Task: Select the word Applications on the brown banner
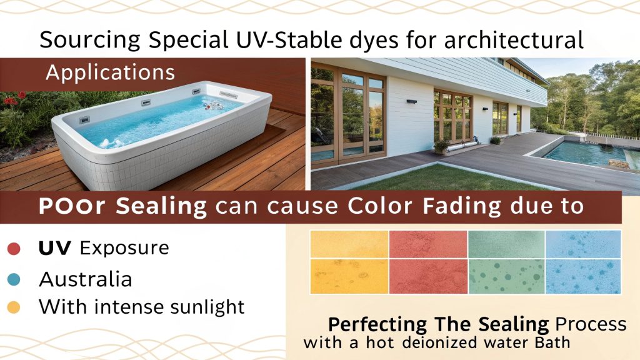point(110,72)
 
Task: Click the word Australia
point(86,279)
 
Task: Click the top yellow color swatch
point(349,244)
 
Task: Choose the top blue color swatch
point(582,244)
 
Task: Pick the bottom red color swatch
point(427,276)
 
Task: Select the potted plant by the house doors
point(442,146)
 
